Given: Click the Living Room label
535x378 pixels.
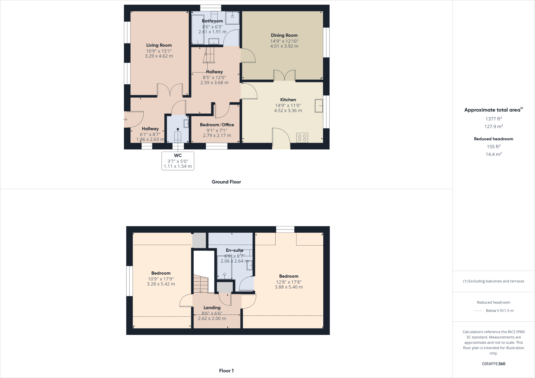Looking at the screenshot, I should (x=159, y=45).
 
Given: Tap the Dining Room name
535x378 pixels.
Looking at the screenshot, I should (x=284, y=35).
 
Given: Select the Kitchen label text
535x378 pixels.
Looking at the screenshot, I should (x=288, y=100).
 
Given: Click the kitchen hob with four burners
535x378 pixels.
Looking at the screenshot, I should (x=302, y=138).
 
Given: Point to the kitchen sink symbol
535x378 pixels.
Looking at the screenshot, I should (x=319, y=106).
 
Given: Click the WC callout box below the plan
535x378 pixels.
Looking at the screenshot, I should (x=178, y=161).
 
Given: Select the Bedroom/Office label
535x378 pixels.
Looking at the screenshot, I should (x=217, y=125).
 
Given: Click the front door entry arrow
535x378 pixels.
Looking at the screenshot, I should (x=125, y=120).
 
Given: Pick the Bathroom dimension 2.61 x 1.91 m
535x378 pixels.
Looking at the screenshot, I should (x=212, y=32).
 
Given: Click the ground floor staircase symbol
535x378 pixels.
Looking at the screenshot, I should (x=209, y=55).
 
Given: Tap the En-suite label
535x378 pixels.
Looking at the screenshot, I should (x=234, y=250).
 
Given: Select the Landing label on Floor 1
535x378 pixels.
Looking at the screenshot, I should (x=212, y=308).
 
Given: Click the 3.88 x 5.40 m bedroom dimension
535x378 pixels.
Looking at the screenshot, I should (x=289, y=287).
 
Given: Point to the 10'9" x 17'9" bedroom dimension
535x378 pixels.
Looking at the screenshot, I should (x=161, y=279).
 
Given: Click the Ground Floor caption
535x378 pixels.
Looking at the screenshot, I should (x=226, y=182).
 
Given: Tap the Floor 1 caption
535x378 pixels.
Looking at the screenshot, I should (x=226, y=371).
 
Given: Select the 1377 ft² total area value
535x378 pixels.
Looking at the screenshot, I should (x=493, y=119).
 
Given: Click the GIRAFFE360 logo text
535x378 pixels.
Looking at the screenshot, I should (x=493, y=364).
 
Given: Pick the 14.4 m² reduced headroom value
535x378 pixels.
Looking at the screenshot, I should (x=493, y=154).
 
